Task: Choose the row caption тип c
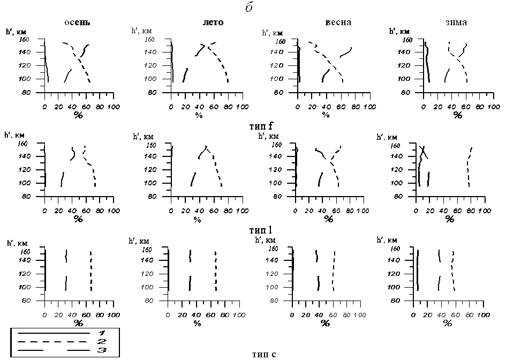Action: [263, 354]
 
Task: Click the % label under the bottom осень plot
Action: [78, 323]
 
